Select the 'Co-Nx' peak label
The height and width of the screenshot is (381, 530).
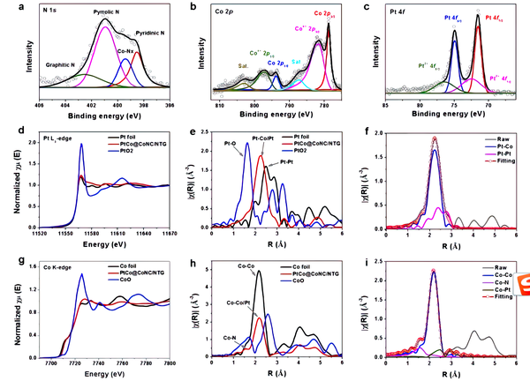pyautogui.click(x=126, y=51)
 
